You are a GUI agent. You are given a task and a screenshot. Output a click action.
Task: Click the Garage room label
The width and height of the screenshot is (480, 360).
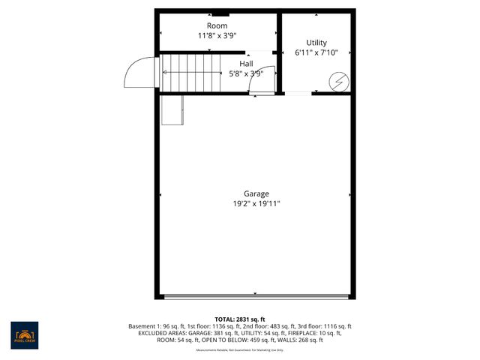[x=256, y=193]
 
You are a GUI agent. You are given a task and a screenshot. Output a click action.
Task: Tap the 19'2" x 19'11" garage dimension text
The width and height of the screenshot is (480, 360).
[x=256, y=203]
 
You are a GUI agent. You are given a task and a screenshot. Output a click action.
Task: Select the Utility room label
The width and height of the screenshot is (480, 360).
[x=316, y=43]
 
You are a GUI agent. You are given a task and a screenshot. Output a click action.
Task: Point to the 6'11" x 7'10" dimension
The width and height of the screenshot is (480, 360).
[x=316, y=53]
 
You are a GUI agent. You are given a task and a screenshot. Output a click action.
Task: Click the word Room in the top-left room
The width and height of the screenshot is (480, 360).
[x=217, y=26]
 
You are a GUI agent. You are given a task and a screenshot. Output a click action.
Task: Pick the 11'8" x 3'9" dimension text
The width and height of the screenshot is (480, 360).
[x=217, y=36]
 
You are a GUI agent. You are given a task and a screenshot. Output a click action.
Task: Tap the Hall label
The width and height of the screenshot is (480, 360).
[x=246, y=64]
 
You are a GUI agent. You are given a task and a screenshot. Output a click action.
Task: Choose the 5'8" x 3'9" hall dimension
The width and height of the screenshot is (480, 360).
[x=246, y=73]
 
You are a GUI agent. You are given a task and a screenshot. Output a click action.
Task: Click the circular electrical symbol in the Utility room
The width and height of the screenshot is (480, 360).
[x=340, y=80]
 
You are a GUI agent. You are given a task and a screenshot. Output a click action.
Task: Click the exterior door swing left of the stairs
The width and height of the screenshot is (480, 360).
[x=141, y=72]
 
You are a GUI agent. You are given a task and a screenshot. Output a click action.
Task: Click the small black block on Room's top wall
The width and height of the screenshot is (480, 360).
[x=220, y=13]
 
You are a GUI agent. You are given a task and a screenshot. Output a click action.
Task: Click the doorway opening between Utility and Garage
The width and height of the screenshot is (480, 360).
[x=298, y=93]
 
